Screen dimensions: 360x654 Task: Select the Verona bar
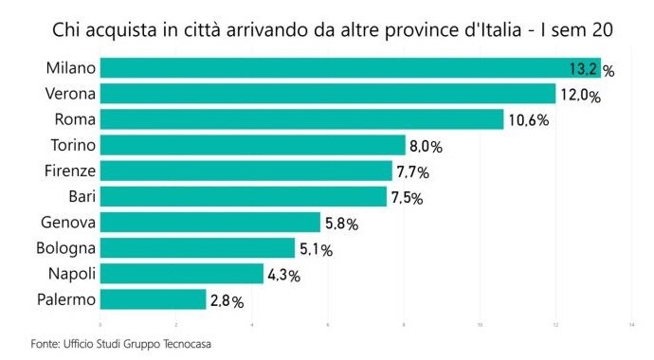click(x=327, y=94)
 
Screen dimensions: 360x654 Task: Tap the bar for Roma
click(x=301, y=119)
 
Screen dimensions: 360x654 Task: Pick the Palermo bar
click(x=153, y=300)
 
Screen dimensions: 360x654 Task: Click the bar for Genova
click(x=209, y=223)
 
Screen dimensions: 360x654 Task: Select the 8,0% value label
click(x=427, y=146)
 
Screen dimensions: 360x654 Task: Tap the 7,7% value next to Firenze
click(x=412, y=171)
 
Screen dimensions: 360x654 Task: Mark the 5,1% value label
click(x=317, y=249)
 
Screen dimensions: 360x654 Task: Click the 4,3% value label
click(x=283, y=275)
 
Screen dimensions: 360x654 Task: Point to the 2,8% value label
click(x=227, y=301)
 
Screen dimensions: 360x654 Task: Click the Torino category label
click(x=71, y=145)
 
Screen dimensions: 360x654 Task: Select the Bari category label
click(x=78, y=197)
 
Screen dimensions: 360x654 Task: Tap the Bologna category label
click(x=64, y=248)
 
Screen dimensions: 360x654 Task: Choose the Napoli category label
click(x=69, y=274)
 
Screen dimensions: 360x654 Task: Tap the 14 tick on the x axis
click(x=631, y=325)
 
